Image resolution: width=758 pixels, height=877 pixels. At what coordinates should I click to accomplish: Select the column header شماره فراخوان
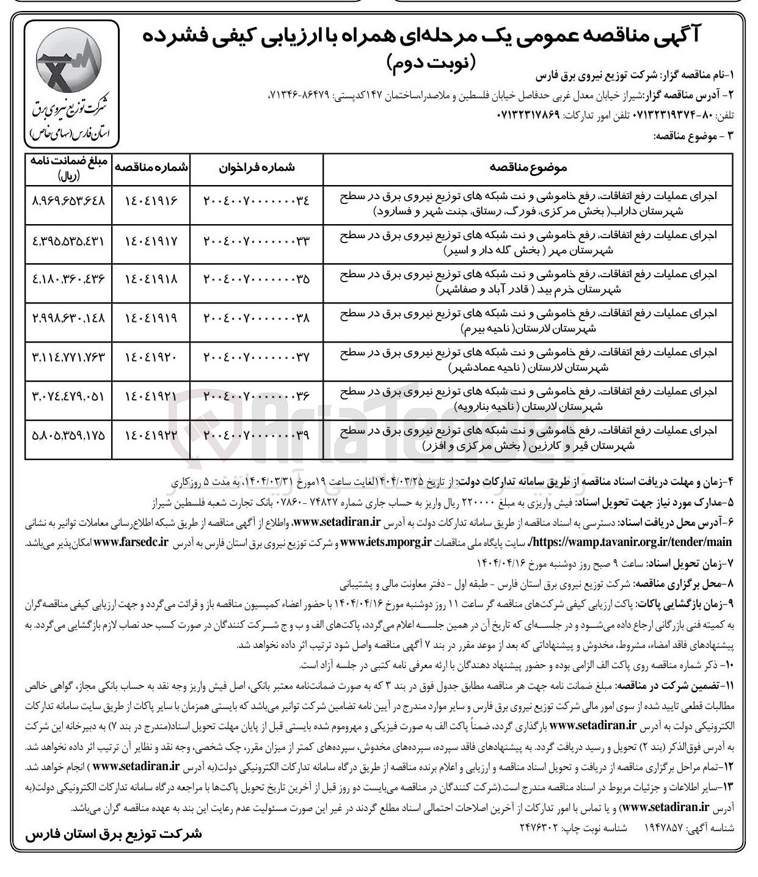(x=257, y=168)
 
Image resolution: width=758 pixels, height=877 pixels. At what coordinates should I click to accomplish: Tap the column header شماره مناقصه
(x=151, y=168)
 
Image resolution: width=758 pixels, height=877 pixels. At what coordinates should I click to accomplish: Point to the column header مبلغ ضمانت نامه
(x=68, y=168)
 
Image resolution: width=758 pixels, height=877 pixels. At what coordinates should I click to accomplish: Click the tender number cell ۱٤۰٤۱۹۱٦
(x=151, y=200)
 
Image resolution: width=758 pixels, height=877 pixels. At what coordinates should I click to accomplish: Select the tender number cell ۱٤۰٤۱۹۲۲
(x=151, y=435)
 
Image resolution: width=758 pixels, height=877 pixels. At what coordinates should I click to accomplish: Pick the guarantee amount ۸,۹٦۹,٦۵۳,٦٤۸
(x=68, y=200)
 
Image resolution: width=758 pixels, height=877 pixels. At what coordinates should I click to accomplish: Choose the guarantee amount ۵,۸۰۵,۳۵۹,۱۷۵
(x=68, y=435)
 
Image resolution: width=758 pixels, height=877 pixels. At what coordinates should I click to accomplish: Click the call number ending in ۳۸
(x=257, y=318)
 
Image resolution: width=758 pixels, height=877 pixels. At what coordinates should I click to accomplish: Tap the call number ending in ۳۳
(x=257, y=239)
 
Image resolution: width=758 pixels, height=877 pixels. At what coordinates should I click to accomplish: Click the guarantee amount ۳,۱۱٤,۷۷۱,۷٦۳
(x=68, y=357)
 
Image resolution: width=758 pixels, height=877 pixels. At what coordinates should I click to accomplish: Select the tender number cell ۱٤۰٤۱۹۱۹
(x=151, y=318)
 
